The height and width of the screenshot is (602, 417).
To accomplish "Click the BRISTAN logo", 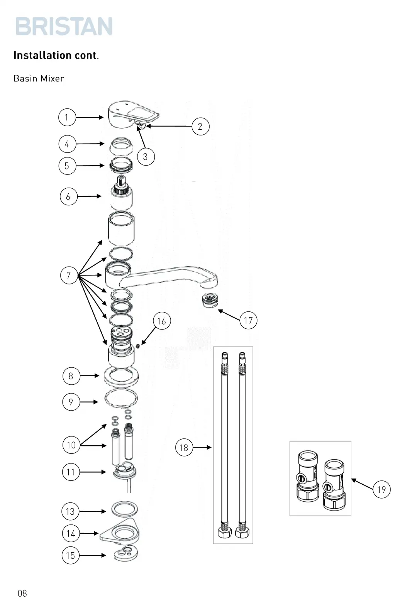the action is (x=64, y=26).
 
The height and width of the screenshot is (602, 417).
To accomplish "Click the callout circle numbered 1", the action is (x=67, y=117).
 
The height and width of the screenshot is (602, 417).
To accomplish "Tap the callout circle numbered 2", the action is (x=200, y=126).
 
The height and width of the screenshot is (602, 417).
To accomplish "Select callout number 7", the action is (x=69, y=275).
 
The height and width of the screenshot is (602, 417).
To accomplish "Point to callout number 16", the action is (x=161, y=321).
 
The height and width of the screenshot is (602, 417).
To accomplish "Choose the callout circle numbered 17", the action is (x=248, y=320).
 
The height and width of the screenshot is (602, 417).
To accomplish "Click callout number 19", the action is (x=381, y=489).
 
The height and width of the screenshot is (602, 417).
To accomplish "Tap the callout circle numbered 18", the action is (x=184, y=447).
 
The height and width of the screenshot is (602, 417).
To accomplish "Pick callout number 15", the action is (x=70, y=555).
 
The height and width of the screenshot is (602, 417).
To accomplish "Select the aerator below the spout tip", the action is (x=210, y=301).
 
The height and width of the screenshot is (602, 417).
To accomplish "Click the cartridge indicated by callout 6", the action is (x=122, y=195).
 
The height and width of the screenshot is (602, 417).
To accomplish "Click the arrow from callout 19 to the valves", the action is (x=361, y=484).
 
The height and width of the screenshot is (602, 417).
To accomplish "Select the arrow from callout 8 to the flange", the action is (x=90, y=375).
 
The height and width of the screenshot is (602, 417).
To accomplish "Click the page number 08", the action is (x=22, y=593).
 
